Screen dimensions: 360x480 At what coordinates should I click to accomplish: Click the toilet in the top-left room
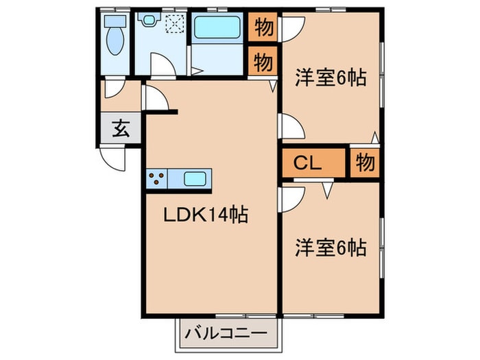coord(113,40)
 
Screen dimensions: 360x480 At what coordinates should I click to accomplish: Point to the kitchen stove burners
coord(156,179)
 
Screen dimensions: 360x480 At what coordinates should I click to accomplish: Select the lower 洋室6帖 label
coord(331,247)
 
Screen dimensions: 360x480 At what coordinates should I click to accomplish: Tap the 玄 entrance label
coord(121,129)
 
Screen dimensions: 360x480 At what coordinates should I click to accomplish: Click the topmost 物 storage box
coord(263,28)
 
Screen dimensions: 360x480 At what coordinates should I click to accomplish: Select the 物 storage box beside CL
coord(365,163)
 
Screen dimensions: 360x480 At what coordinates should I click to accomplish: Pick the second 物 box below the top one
coord(263,62)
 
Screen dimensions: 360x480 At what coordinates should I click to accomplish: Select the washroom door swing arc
coord(163,66)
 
